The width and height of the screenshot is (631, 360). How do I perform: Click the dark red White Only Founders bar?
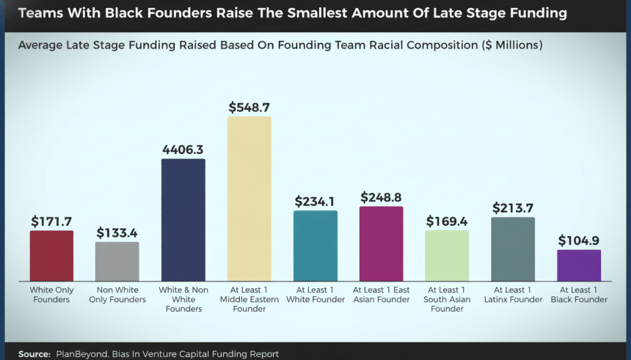pos(51,256)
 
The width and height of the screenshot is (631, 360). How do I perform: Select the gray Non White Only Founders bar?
pos(117,262)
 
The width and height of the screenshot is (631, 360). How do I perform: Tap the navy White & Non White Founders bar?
pos(183,220)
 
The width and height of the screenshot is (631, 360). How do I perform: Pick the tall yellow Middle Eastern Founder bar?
pos(249,199)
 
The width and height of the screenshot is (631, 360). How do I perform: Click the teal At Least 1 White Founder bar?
pos(315,246)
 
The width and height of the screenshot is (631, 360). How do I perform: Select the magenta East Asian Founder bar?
pos(381,243)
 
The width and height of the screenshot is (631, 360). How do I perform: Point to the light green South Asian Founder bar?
pos(447,256)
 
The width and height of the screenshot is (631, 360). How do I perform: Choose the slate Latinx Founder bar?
pos(513,249)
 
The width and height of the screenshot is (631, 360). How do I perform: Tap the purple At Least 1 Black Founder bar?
pos(579,265)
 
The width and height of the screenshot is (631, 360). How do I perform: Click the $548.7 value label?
pos(249,106)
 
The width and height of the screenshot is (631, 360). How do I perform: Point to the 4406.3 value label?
pos(183,149)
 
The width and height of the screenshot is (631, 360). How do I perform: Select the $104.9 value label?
pos(579,240)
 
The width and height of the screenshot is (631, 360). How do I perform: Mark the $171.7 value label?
pos(51,221)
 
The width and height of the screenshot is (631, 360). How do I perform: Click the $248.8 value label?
pos(382,197)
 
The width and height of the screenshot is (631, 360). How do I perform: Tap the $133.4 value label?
pos(117,232)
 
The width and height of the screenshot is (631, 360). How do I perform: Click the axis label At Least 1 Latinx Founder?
pos(513,295)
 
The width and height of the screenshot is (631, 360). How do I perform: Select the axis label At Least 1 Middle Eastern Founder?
pos(249,299)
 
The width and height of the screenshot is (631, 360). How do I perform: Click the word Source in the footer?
pos(34,353)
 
